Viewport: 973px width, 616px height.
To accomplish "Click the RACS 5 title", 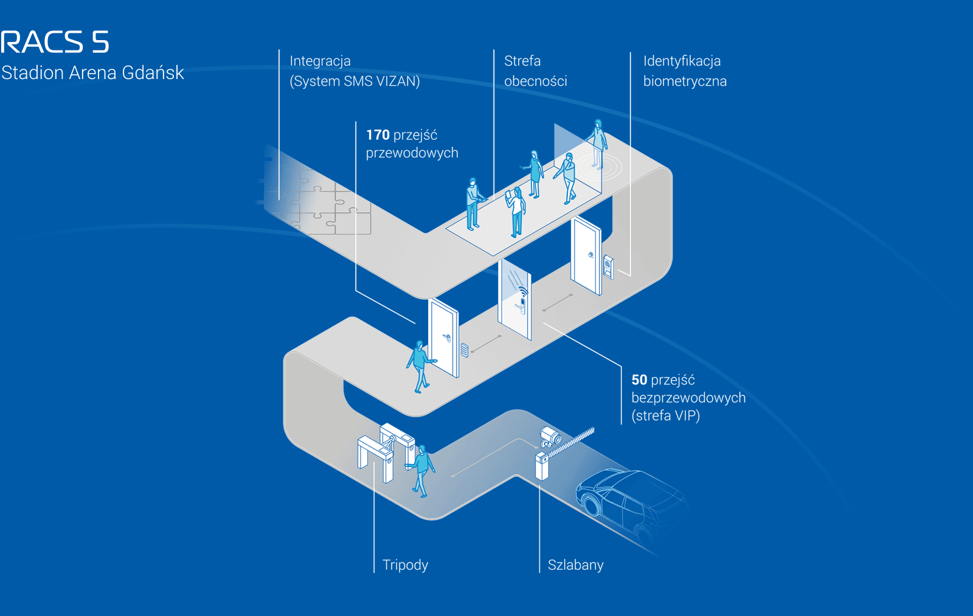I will coord(55,42).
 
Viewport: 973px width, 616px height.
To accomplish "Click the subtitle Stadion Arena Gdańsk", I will coord(92,73).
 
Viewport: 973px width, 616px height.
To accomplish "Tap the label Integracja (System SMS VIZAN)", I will coord(355,71).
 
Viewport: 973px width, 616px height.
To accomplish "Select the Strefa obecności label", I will coord(535,71).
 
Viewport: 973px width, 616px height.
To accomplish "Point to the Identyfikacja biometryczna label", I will coord(685,71).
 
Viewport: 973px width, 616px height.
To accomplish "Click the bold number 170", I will coord(378,135).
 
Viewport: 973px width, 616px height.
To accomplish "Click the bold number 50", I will coord(639,380).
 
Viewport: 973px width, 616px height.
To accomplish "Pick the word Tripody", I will coord(405,565).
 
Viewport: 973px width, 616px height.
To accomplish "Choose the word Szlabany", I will coord(575,565).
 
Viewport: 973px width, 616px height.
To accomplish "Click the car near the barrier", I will coord(629,502).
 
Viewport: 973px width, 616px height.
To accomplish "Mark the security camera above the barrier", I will coord(551,436).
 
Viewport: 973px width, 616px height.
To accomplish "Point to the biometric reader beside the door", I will coord(608,266).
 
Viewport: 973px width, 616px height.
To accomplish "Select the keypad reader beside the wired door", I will coord(465,350).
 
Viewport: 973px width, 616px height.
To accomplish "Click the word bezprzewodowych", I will coord(688,398).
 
